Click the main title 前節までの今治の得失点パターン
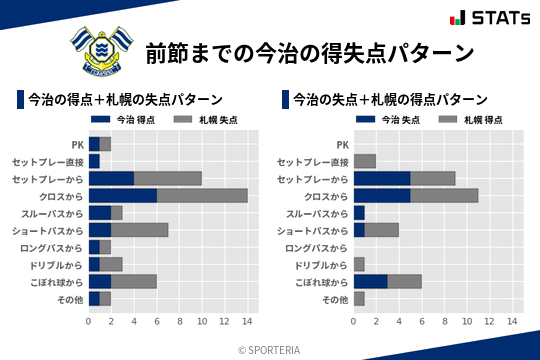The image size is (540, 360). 309,52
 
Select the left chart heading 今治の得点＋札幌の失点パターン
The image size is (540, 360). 125,100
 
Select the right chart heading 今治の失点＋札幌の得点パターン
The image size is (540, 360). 390,100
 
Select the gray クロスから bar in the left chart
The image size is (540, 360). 202,195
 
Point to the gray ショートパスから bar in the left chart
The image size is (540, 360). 139,230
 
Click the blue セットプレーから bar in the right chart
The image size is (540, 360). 381,178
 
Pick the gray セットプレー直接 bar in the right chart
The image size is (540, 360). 364,161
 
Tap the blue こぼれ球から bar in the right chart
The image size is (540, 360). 370,281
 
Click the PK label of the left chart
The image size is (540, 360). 78,144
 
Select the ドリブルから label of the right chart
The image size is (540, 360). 323,264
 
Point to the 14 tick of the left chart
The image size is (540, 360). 247,321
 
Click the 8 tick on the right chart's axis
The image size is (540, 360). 444,321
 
